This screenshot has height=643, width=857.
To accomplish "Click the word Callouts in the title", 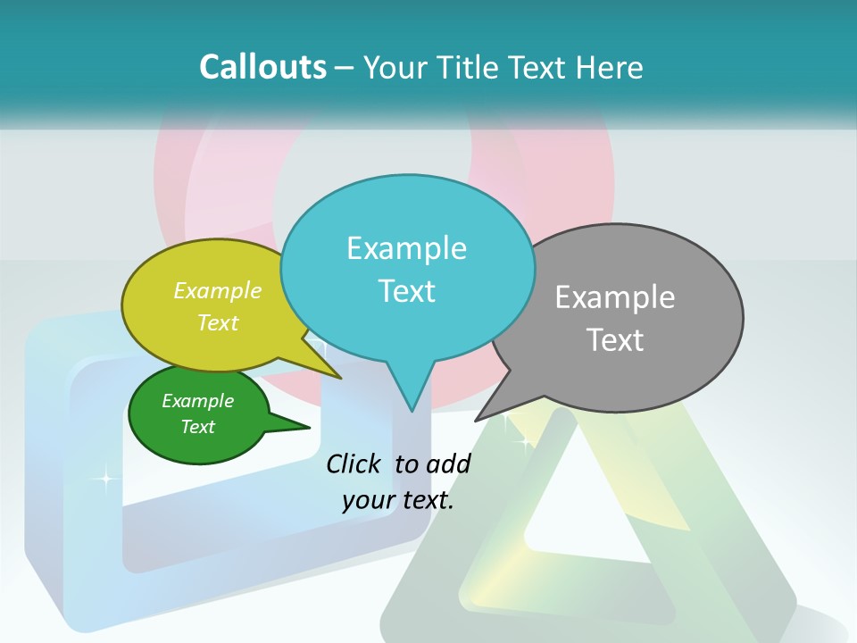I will coord(262,67).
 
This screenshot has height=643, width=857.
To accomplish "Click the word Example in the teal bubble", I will coord(406,248).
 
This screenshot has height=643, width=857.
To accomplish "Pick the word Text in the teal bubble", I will coord(406,291).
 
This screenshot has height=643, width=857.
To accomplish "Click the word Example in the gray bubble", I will coord(614,297).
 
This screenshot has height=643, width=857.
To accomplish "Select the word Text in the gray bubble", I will coord(614,340).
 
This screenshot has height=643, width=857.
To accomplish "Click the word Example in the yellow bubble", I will coord(218,291).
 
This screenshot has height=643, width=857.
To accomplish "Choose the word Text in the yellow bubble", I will coord(218,323).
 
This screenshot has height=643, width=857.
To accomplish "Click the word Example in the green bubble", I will coord(197,401).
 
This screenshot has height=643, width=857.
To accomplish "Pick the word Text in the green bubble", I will coord(197,427).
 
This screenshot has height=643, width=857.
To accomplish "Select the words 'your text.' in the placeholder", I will coord(397,500).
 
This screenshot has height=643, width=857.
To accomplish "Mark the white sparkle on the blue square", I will coord(105,479).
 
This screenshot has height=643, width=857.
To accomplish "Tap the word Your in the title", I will coord(393,67).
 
